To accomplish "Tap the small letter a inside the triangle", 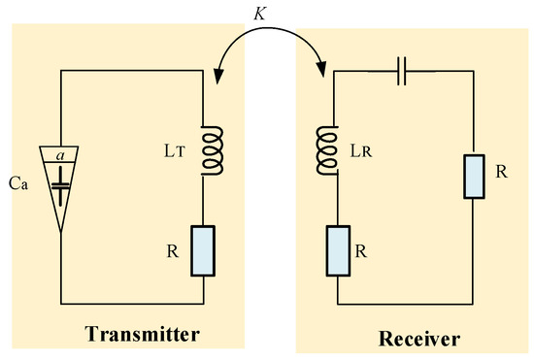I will [x=60, y=154].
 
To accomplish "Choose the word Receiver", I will [x=418, y=339].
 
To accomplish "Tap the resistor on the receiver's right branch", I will [x=473, y=174].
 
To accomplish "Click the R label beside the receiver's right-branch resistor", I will [x=501, y=171].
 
